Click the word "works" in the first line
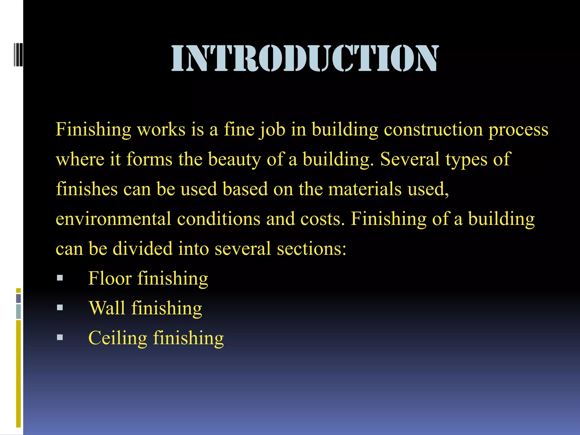pyautogui.click(x=161, y=129)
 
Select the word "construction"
pyautogui.click(x=433, y=129)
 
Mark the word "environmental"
pyautogui.click(x=113, y=219)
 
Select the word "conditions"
pyautogui.click(x=219, y=219)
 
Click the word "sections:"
pyautogui.click(x=312, y=249)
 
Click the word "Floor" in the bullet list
pyautogui.click(x=110, y=278)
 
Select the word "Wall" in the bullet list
pyautogui.click(x=107, y=308)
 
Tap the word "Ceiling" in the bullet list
pyautogui.click(x=118, y=338)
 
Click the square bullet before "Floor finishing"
pyautogui.click(x=60, y=278)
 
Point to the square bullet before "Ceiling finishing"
pyautogui.click(x=60, y=337)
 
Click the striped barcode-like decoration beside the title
pyautogui.click(x=18, y=54)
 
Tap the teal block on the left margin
pyautogui.click(x=18, y=311)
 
